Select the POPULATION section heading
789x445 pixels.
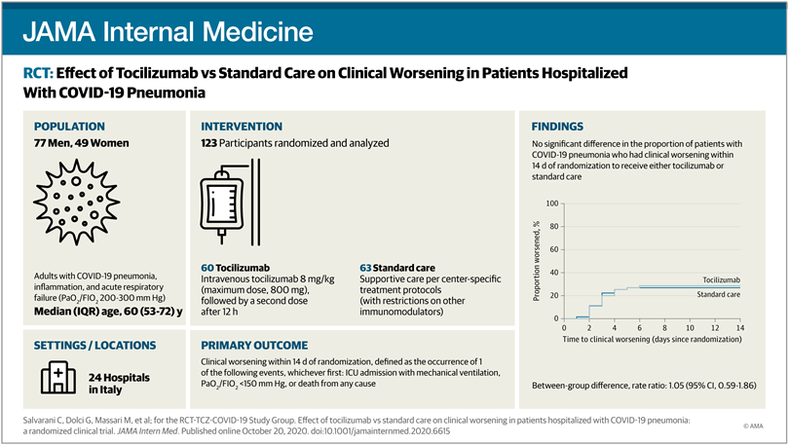click(x=74, y=127)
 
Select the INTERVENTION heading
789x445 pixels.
click(x=242, y=127)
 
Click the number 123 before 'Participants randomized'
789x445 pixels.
click(x=211, y=144)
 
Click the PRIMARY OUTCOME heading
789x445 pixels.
click(x=254, y=345)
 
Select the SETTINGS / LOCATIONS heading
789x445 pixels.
click(x=95, y=345)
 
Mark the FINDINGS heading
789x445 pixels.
click(x=558, y=127)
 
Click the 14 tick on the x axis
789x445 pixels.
click(x=740, y=330)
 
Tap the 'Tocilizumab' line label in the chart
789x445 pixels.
click(x=716, y=278)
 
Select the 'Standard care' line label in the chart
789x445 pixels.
click(x=715, y=294)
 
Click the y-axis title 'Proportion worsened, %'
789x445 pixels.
click(x=539, y=261)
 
